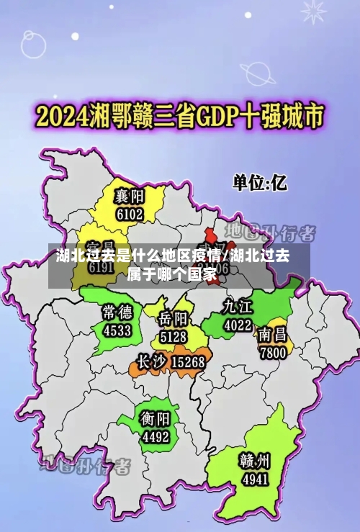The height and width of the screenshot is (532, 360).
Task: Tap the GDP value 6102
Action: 130,214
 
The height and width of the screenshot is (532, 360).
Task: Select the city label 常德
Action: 117,312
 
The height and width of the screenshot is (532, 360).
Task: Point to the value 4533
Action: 117,330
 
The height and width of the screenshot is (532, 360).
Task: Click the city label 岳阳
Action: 174,319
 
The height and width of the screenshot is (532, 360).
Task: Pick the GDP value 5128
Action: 174,335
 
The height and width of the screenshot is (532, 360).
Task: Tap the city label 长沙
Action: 151,361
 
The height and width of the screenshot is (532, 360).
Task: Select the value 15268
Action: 189,361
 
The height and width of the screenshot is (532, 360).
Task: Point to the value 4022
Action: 238,325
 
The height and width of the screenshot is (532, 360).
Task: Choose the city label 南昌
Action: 273,334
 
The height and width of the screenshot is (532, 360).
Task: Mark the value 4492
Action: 156,436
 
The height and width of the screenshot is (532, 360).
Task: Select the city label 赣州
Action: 255,460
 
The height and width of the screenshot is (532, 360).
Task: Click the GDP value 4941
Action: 255,478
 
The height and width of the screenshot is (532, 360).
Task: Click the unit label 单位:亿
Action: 258,183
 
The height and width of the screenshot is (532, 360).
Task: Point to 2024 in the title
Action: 63,115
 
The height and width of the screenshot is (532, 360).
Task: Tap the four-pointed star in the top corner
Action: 313,10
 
